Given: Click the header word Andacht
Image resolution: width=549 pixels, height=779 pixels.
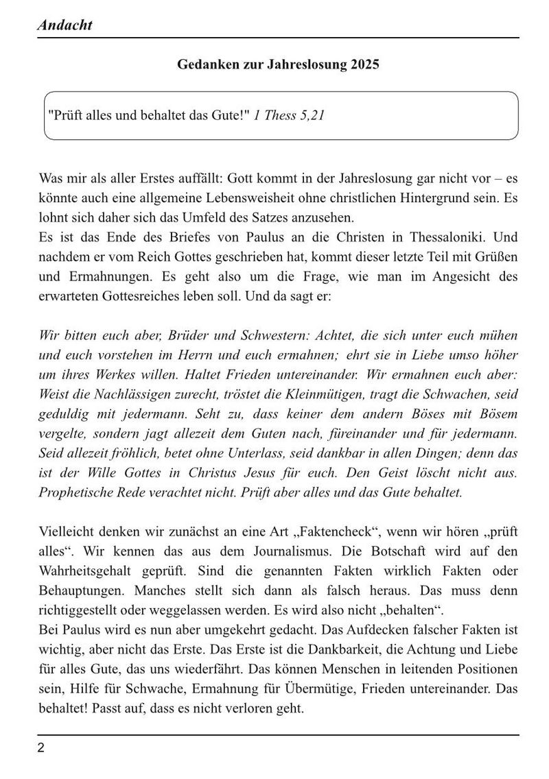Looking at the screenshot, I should [65, 25].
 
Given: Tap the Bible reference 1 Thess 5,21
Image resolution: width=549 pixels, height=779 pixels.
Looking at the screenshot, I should [288, 115].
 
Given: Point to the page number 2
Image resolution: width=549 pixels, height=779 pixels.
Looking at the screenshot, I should [41, 748].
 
